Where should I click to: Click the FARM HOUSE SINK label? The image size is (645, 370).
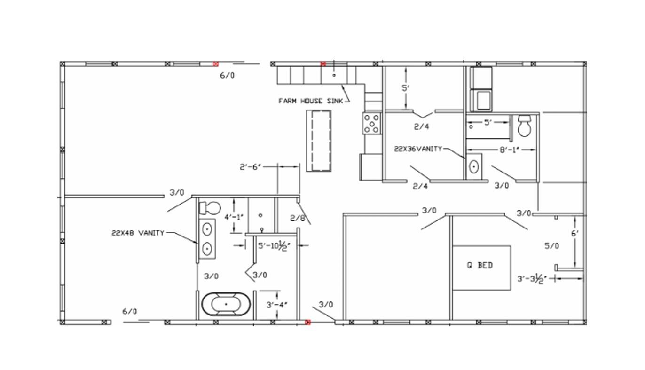[x=311, y=101]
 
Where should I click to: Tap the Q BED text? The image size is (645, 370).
[x=480, y=265]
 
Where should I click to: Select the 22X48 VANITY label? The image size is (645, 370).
[x=138, y=233]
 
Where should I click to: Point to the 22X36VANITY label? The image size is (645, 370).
[x=418, y=149]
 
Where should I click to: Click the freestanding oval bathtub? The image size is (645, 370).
[x=226, y=304]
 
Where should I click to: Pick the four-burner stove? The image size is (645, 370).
[x=371, y=124]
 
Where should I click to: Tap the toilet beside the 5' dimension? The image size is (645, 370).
[x=524, y=126]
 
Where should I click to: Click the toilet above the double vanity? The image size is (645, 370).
[x=210, y=208]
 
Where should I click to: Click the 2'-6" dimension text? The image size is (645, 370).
[x=250, y=167]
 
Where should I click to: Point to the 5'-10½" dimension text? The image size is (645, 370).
[x=274, y=246]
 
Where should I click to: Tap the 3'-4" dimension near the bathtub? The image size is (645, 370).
[x=277, y=305]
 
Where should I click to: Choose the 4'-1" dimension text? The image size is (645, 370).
[x=234, y=217]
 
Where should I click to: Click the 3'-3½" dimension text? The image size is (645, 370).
[x=532, y=279]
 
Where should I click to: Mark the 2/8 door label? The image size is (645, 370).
[x=298, y=218]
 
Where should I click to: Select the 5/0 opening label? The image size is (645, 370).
[x=552, y=246]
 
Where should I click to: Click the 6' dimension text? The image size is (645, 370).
[x=575, y=234]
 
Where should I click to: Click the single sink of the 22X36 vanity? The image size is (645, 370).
[x=474, y=166]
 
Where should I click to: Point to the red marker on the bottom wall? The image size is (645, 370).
[x=308, y=322]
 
